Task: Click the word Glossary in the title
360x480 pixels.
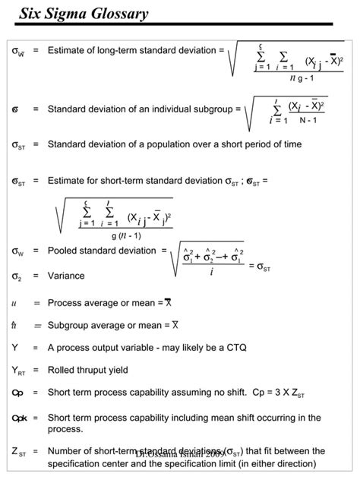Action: [x=113, y=14]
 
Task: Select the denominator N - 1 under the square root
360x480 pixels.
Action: [x=308, y=120]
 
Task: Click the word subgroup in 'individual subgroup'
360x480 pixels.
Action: [x=212, y=109]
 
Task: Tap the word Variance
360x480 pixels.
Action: [x=66, y=276]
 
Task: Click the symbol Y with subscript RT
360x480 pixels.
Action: [x=18, y=371]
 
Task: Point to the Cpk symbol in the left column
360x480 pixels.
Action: [x=19, y=418]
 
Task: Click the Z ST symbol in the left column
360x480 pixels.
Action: [x=19, y=451]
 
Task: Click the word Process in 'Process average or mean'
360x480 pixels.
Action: [x=65, y=302]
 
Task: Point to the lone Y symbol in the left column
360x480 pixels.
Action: [x=14, y=347]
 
